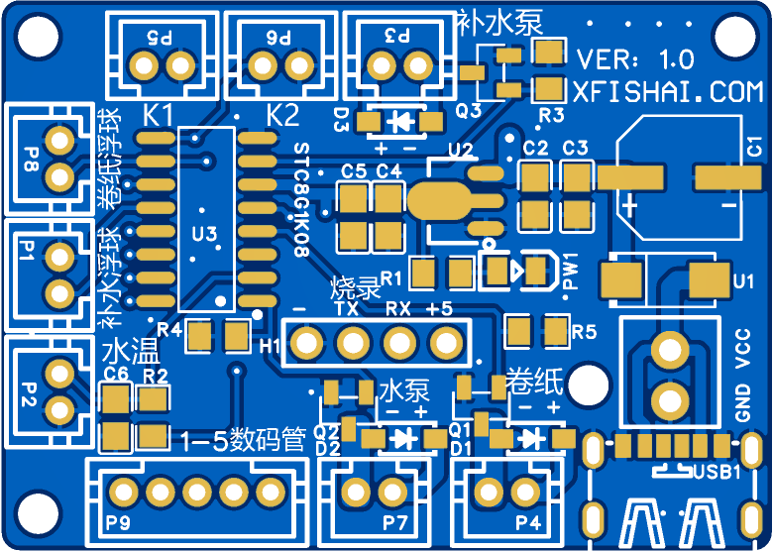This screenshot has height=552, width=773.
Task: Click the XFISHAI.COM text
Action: pos(668,92)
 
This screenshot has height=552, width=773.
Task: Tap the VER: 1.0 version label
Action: pos(635,59)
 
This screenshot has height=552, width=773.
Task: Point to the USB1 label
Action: pos(718,472)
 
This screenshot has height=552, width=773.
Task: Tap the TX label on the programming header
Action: pos(347,309)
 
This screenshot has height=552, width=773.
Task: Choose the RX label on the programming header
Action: pos(398,309)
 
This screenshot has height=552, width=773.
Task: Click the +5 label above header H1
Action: pos(439,309)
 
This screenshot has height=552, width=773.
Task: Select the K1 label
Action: pos(159,115)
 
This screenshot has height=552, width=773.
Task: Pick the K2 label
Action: pos(282,116)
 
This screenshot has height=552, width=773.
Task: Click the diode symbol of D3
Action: pos(402,122)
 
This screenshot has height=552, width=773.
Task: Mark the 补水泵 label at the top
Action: pos(499,23)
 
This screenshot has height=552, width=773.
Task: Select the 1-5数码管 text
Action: pos(244,439)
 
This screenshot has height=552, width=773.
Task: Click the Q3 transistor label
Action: pos(469,111)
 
